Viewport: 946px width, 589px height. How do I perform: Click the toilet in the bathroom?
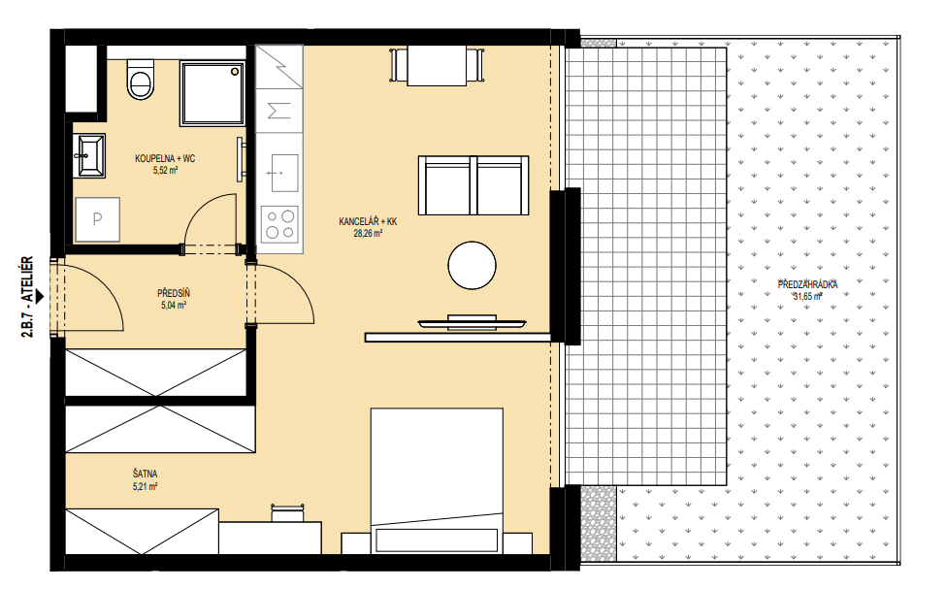(x=141, y=79)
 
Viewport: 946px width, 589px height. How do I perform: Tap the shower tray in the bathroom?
(x=212, y=93)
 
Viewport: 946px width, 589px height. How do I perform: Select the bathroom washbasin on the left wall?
(x=89, y=155)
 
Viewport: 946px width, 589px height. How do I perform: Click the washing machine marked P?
(x=97, y=219)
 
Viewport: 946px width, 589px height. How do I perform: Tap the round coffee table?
(x=472, y=265)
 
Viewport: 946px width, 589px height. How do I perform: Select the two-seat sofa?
(x=473, y=185)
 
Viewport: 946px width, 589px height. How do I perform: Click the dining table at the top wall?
(x=437, y=66)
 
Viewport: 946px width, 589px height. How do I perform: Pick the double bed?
(x=437, y=480)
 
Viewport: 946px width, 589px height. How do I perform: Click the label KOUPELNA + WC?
(x=165, y=159)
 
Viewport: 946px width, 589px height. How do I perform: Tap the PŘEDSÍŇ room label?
(x=174, y=293)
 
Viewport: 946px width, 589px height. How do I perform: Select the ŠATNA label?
(x=145, y=474)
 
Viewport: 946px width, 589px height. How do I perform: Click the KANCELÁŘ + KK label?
(x=368, y=222)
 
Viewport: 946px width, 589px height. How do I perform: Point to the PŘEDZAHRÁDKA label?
(x=808, y=285)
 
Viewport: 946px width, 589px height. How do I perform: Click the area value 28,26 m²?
(x=368, y=234)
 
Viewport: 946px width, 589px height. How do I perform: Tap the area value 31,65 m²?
(x=808, y=296)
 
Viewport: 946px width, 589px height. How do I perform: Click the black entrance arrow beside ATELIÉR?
(x=40, y=296)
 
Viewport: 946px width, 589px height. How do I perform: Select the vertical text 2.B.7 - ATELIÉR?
(x=27, y=297)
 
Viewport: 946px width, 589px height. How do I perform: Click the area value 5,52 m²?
(x=165, y=171)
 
